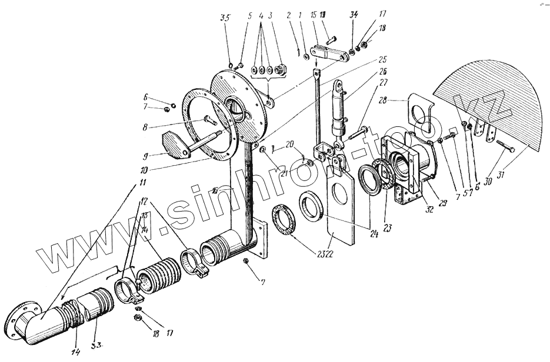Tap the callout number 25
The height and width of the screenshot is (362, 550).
pyautogui.click(x=382, y=60)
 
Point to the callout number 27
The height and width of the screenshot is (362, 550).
pyautogui.click(x=383, y=82)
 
